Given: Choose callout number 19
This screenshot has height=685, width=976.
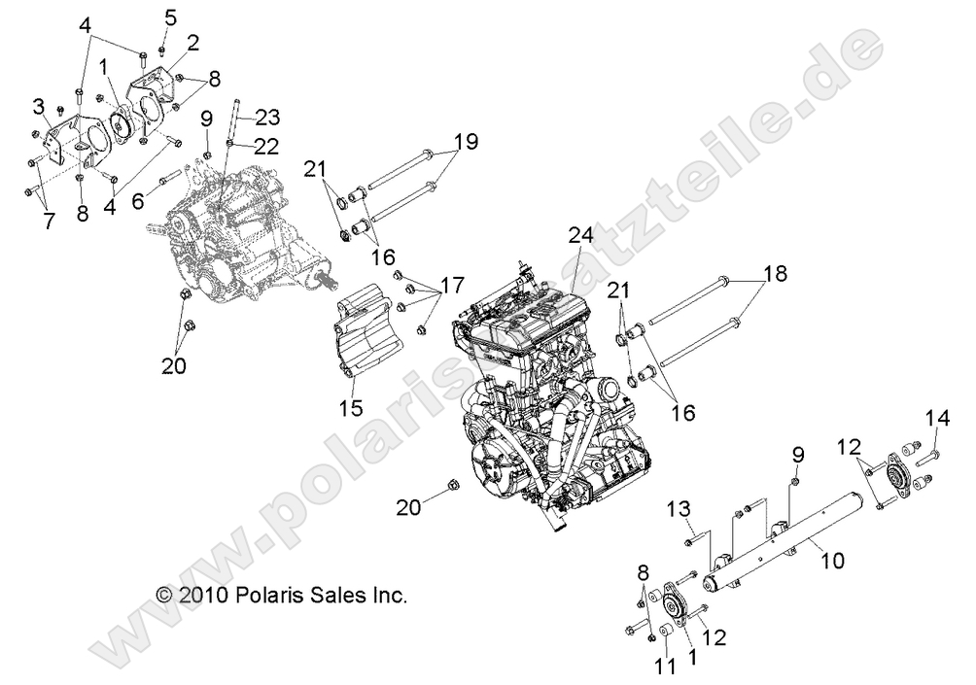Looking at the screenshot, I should pos(466,141).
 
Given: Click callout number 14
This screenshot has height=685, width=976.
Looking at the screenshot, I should pos(938,419).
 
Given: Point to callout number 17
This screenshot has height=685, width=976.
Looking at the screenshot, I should pos(450,288).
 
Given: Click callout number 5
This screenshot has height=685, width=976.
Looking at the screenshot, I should pos(170,17).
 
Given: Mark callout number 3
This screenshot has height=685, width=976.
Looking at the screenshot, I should pos(39,105).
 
